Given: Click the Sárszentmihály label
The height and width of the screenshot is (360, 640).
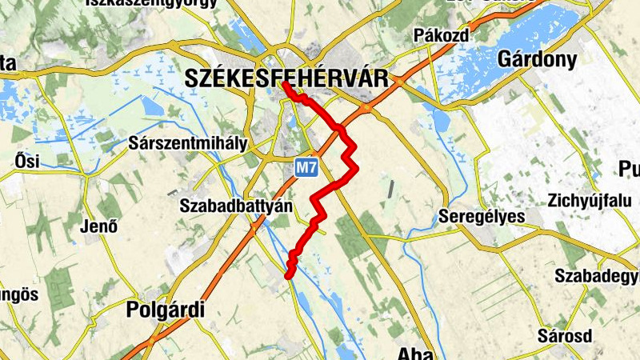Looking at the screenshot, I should (x=188, y=144).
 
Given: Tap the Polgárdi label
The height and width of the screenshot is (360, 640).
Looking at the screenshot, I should (x=166, y=310).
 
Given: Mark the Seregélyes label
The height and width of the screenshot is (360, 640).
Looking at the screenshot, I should (x=482, y=217).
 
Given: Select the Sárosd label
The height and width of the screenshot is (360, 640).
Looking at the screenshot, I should (x=565, y=334).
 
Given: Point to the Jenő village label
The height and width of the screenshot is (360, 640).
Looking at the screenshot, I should (x=100, y=226).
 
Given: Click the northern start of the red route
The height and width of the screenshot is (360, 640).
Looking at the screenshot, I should (x=285, y=82).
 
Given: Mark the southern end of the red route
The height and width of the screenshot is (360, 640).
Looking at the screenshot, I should (x=289, y=276).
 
